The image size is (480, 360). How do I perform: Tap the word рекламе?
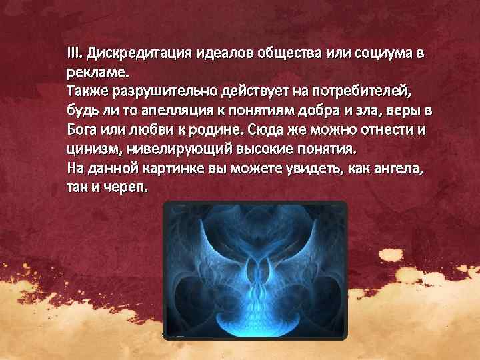93,71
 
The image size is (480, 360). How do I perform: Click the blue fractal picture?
255,270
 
